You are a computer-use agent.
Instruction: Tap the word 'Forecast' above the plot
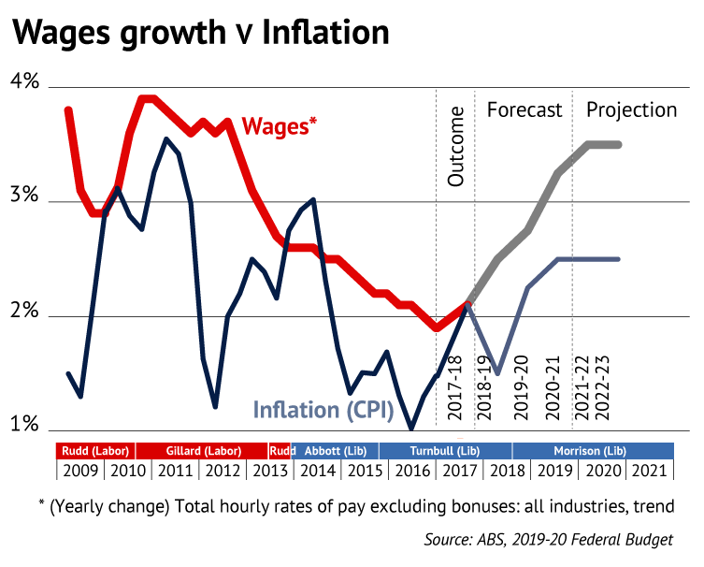tap(524, 110)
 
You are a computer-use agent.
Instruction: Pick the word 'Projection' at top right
tap(631, 110)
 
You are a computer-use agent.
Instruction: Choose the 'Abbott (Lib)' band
tap(336, 449)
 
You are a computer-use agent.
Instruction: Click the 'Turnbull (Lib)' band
tap(445, 449)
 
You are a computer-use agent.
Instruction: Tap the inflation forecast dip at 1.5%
tap(497, 373)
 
